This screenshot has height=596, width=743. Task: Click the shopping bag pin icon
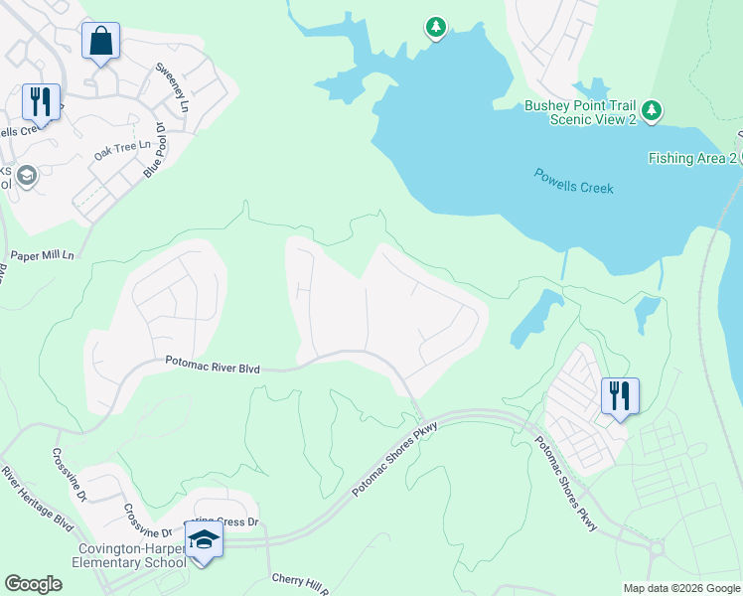tap(100, 42)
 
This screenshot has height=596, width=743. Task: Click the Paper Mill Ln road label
tap(42, 255)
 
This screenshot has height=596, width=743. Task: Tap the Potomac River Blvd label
tap(213, 368)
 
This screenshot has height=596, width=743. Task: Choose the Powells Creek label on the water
tap(573, 181)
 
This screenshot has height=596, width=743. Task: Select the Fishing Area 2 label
tap(692, 158)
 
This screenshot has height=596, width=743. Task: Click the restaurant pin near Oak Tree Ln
tap(41, 100)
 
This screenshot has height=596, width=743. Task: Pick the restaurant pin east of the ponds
tap(620, 394)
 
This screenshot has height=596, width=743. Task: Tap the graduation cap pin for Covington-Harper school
tap(204, 540)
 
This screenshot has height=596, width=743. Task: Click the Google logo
tap(34, 584)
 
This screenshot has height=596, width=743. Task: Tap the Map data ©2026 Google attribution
tap(680, 588)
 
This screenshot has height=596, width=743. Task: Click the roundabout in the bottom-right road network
tap(656, 548)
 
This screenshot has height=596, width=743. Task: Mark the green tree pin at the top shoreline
tap(435, 27)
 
